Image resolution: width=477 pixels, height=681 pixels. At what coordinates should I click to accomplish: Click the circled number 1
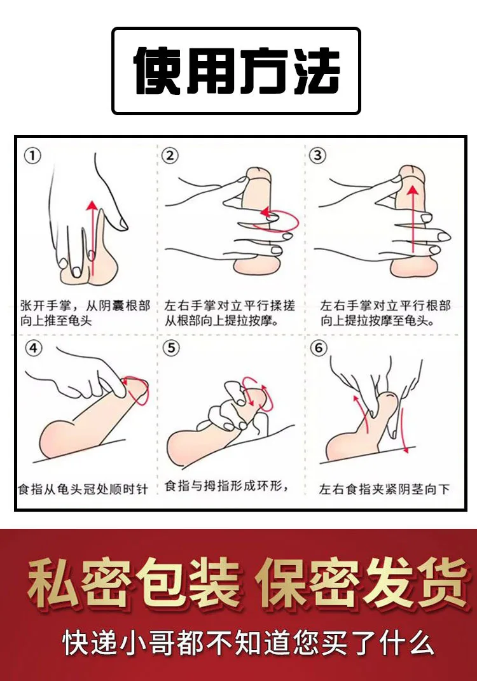pos(32,155)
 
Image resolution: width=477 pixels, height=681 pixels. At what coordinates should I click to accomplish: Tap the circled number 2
pos(170,155)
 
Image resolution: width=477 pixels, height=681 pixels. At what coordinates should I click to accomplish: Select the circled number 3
pos(317,155)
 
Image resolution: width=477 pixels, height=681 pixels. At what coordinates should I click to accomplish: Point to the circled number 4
pos(34,348)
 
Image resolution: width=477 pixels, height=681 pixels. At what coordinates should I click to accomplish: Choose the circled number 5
pos(171,348)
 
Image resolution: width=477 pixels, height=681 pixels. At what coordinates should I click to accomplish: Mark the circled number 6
pos(319,348)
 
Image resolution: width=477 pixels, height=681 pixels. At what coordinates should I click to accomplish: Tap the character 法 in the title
pos(316,71)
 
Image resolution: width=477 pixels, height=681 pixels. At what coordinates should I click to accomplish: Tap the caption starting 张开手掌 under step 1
pos(85,313)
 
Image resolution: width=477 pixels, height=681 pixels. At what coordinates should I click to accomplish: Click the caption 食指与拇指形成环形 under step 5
pos(226,486)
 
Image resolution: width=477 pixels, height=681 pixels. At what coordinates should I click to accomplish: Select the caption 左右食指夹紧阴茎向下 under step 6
pos(384,489)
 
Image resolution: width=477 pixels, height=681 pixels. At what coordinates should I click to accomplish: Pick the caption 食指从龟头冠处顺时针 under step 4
pos(83,489)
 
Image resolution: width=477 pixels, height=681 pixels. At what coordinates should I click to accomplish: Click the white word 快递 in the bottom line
pos(90,643)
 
